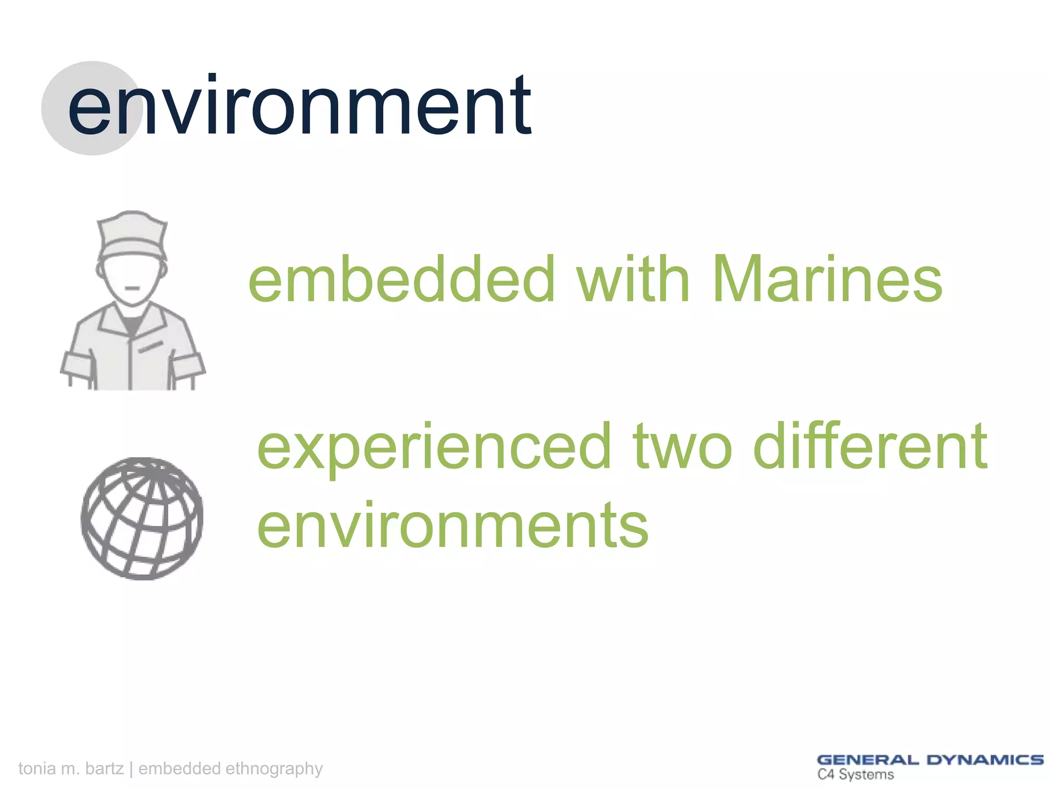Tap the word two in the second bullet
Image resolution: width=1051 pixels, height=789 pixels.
tap(683, 447)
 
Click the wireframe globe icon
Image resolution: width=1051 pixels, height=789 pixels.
tap(142, 519)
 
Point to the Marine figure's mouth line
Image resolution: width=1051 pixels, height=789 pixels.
tap(132, 289)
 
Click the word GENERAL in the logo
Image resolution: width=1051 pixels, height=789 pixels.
tap(868, 760)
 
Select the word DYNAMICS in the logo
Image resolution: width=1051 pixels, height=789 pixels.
tap(985, 760)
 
